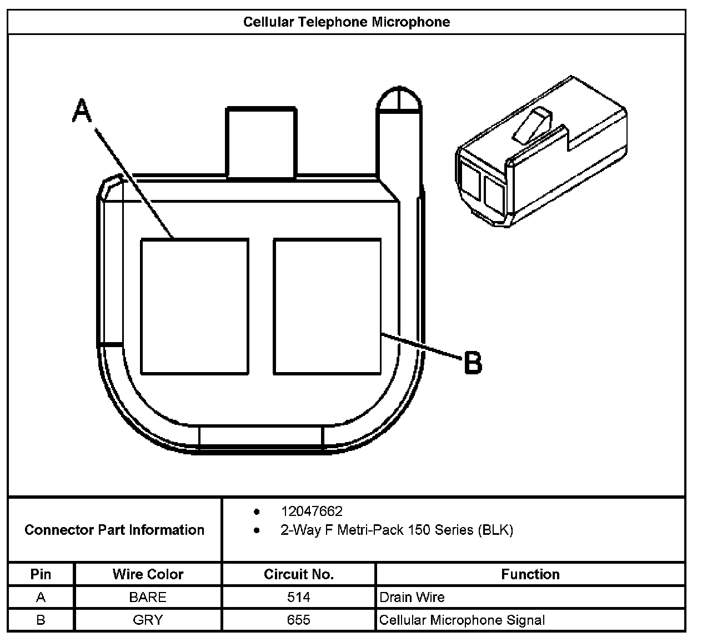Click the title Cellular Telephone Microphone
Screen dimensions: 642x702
click(347, 22)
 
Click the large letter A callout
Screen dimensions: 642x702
click(82, 111)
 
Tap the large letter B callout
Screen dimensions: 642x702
click(473, 363)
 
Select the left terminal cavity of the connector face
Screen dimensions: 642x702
click(194, 307)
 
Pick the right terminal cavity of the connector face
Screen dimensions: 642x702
click(327, 307)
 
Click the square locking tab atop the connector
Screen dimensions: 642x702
click(260, 143)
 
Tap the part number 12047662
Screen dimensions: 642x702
click(311, 511)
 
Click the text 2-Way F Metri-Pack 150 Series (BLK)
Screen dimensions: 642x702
click(397, 530)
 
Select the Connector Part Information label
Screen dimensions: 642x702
click(114, 530)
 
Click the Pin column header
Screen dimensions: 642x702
click(41, 574)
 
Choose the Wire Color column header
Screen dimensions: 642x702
click(148, 574)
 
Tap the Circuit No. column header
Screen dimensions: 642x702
click(298, 574)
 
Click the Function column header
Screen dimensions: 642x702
click(530, 574)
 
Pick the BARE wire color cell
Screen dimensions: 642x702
click(148, 597)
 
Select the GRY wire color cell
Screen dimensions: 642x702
click(148, 620)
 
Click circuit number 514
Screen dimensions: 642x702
click(298, 597)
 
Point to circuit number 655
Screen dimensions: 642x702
click(298, 620)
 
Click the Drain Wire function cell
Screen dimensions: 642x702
click(412, 597)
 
